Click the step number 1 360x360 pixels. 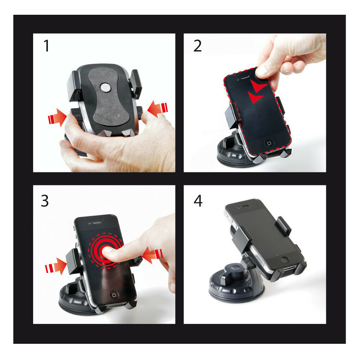46,46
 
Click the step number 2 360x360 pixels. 197,46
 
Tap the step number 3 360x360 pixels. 45,201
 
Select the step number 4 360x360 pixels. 198,201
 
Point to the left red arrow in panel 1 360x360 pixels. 57,118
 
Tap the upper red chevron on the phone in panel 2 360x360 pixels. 258,86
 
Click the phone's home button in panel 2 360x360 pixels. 269,143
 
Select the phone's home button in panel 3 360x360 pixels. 114,295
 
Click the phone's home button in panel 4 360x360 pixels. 285,260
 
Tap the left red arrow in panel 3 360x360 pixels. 56,266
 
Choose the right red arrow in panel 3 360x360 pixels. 152,255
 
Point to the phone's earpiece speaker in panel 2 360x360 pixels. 245,77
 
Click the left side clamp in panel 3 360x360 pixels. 73,261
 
